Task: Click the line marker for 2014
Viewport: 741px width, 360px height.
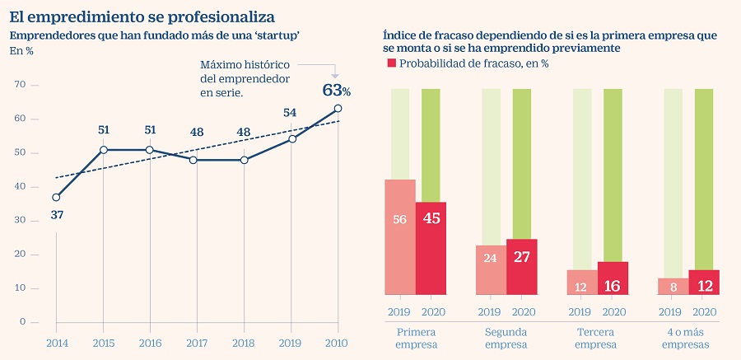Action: point(56,197)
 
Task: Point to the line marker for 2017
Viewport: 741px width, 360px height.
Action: point(198,160)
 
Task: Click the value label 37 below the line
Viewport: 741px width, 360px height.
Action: point(56,215)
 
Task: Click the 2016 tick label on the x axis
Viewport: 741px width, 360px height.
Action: point(151,343)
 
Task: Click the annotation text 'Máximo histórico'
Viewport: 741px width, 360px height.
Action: point(245,64)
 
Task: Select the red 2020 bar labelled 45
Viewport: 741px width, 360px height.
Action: point(431,247)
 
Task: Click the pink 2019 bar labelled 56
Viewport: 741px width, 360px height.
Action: point(400,236)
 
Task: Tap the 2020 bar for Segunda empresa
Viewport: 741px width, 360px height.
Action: point(521,266)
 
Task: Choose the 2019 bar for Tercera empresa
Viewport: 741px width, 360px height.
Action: point(582,282)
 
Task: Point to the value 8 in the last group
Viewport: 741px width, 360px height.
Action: point(673,288)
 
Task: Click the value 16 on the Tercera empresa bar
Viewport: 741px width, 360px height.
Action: point(613,286)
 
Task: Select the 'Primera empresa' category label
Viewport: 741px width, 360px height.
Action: point(415,338)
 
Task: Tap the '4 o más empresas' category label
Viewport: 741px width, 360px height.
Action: point(688,338)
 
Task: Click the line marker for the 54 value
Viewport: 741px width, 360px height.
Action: point(292,138)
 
